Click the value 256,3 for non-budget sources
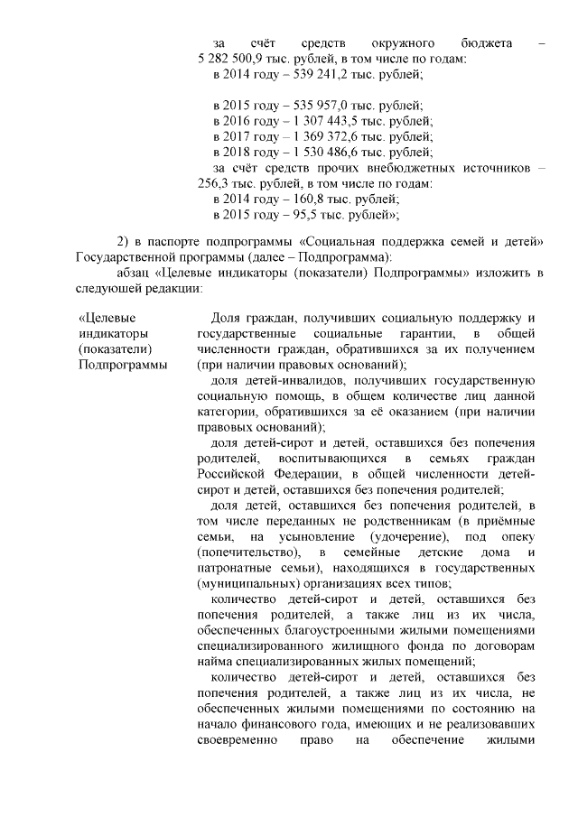click(x=216, y=183)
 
